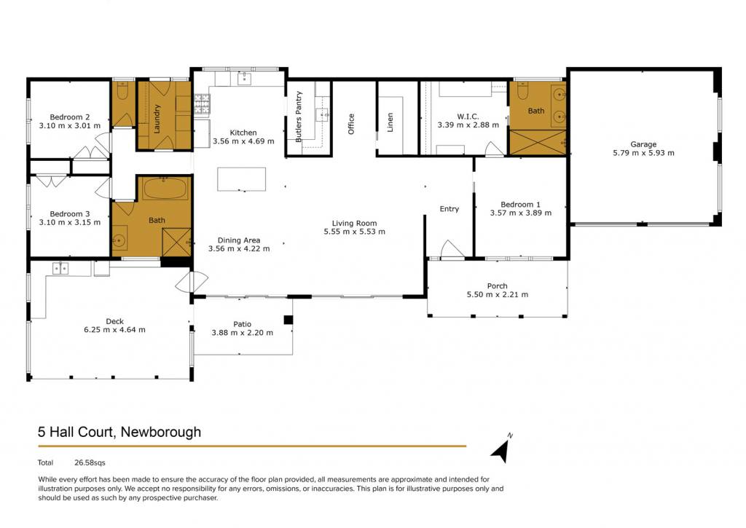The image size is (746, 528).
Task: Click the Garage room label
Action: tap(643, 144)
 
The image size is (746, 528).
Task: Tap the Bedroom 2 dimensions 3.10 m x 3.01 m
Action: tap(69, 126)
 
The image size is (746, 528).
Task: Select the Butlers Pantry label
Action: tap(299, 117)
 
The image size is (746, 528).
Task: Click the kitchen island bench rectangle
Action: tap(242, 179)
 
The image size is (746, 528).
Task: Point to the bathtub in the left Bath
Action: tap(165, 189)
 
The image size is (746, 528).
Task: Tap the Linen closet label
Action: tap(390, 122)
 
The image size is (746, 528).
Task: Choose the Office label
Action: tap(351, 124)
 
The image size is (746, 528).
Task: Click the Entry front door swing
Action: tap(452, 249)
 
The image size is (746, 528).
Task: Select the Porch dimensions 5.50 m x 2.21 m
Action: tap(497, 294)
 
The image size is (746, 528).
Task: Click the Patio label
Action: tap(242, 324)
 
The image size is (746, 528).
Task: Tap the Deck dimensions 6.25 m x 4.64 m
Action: tap(114, 330)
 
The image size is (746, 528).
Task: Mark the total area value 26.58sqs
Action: tap(90, 462)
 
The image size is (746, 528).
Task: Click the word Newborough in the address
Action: tap(161, 432)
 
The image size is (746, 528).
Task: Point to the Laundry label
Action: tap(157, 119)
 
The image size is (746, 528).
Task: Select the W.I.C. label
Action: tap(468, 116)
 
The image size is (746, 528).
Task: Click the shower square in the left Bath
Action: tap(176, 243)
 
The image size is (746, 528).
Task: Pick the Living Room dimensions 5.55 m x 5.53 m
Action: tap(355, 232)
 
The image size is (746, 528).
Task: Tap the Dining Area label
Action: tap(239, 240)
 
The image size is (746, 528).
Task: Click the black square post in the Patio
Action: tap(288, 320)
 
